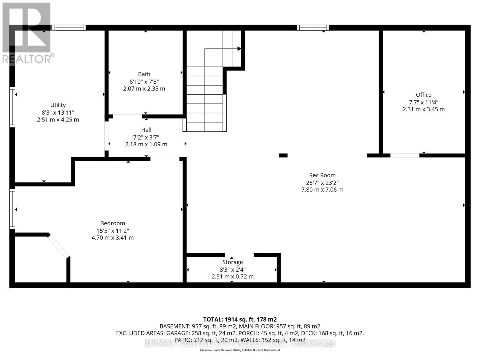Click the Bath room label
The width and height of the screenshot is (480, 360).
click(x=144, y=74)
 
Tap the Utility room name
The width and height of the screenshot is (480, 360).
click(x=58, y=105)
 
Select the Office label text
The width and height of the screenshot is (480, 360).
click(x=423, y=95)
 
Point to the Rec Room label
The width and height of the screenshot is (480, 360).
click(x=322, y=175)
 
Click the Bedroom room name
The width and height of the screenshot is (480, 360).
click(x=112, y=223)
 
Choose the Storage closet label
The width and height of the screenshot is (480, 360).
click(x=232, y=262)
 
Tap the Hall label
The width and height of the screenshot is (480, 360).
click(x=146, y=130)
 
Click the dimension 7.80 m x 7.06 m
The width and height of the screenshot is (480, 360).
click(x=322, y=190)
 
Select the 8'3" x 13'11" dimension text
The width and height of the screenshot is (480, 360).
click(x=58, y=112)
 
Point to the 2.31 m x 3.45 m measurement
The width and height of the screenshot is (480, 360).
click(x=423, y=109)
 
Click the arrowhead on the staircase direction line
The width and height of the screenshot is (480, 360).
click(x=239, y=49)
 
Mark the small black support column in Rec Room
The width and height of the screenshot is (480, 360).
click(x=283, y=155)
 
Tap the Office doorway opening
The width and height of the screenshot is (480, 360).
click(x=404, y=155)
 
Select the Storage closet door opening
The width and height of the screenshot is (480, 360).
click(x=239, y=255)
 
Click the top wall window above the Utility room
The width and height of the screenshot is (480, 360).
click(x=69, y=28)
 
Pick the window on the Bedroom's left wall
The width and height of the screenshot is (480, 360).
click(x=12, y=209)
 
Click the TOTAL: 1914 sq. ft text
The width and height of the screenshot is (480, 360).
click(x=240, y=319)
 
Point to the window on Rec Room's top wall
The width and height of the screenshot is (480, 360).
click(x=313, y=28)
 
